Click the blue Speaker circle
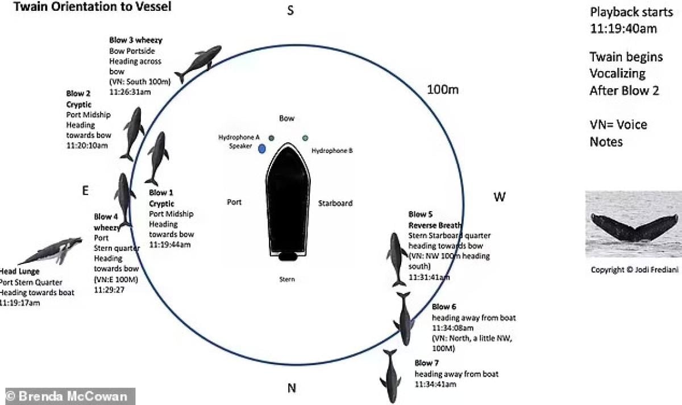262,149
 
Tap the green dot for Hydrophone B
305,138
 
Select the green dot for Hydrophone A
272,138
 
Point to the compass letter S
290,11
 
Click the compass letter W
499,197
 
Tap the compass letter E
85,191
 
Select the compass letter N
292,389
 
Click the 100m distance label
443,90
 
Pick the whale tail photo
634,224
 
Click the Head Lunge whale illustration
51,250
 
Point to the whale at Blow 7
390,377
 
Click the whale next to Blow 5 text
396,259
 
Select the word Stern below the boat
287,279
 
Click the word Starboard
335,203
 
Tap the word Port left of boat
234,202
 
